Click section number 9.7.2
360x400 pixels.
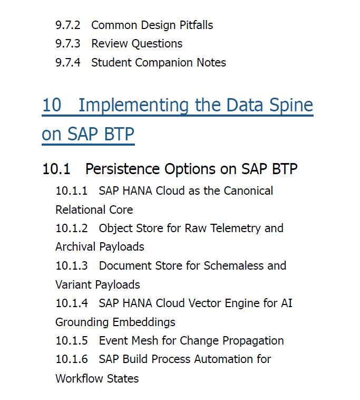pos(68,25)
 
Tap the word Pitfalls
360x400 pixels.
pos(196,25)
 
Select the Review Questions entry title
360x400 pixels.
pos(137,44)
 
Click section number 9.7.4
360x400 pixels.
pos(68,62)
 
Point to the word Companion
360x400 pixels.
pos(164,63)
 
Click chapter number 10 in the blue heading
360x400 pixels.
pos(52,105)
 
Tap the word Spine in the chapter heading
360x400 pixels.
pos(291,106)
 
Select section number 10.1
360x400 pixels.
pos(56,169)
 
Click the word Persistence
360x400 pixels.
pos(122,169)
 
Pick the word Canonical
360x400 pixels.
pos(248,191)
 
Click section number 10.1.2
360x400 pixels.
pos(72,228)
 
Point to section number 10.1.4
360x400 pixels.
pos(72,303)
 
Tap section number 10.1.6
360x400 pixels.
pos(72,359)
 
